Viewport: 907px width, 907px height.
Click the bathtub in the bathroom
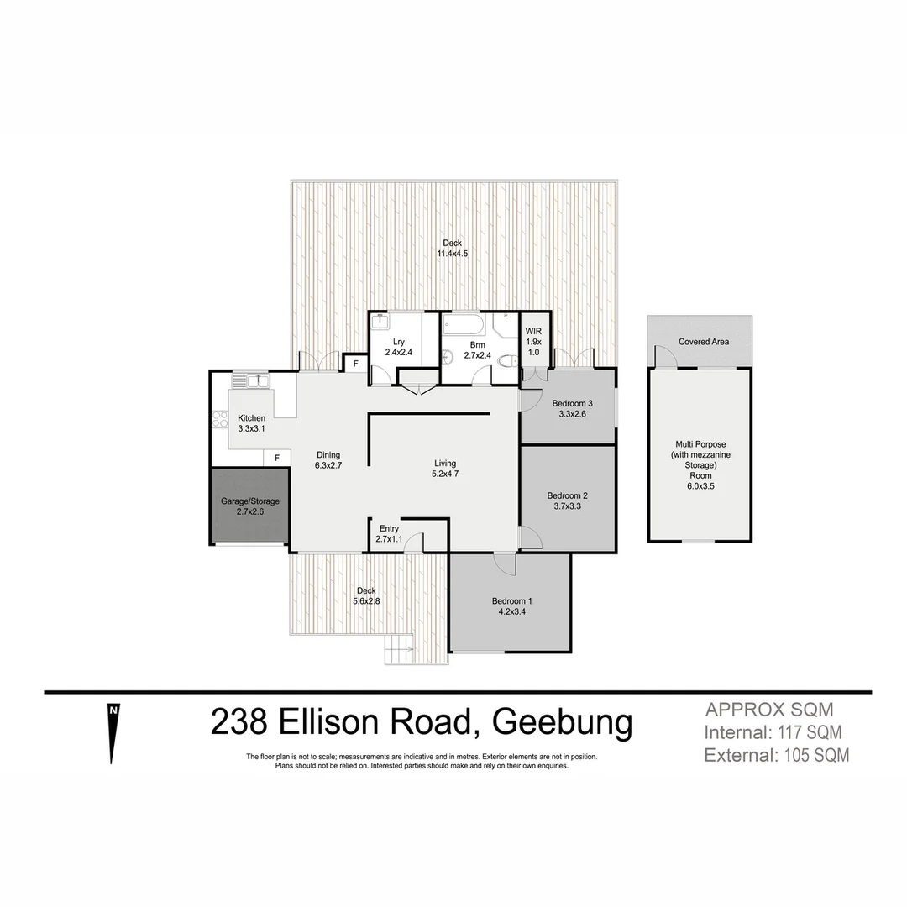pyautogui.click(x=464, y=325)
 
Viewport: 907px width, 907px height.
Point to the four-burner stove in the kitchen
pyautogui.click(x=220, y=417)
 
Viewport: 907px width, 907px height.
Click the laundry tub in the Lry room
pyautogui.click(x=380, y=320)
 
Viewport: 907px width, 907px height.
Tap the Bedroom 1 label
pyautogui.click(x=511, y=600)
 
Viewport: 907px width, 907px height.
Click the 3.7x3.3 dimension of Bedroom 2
pyautogui.click(x=564, y=506)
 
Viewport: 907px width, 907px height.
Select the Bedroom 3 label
pyautogui.click(x=573, y=403)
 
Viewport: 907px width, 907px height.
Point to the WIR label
pyautogui.click(x=533, y=333)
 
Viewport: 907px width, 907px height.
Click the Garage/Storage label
pyautogui.click(x=249, y=501)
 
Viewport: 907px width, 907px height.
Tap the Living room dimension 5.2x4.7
pyautogui.click(x=444, y=474)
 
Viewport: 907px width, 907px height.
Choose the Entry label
pyautogui.click(x=389, y=528)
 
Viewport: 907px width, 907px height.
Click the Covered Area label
pyautogui.click(x=704, y=342)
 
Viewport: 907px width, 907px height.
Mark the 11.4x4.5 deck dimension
pyautogui.click(x=452, y=254)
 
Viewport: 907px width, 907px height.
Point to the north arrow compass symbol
pyautogui.click(x=113, y=731)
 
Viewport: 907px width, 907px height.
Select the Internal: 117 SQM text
pyautogui.click(x=773, y=732)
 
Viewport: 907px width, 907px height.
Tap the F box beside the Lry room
pyautogui.click(x=355, y=364)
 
